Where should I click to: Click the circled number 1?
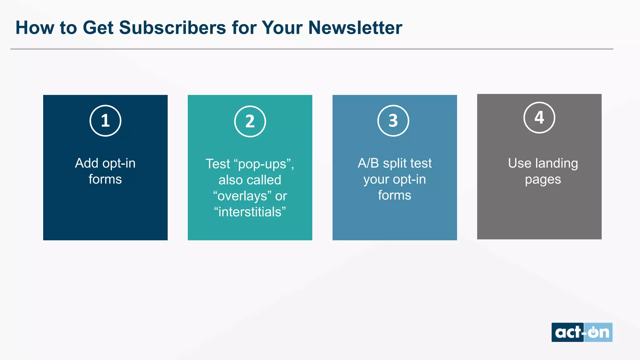[x=105, y=121]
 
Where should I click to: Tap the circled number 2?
[x=250, y=121]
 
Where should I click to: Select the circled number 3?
[x=393, y=121]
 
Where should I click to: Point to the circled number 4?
[x=539, y=117]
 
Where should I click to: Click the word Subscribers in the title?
[x=172, y=27]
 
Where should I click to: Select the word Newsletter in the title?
[x=355, y=27]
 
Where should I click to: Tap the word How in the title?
[x=35, y=27]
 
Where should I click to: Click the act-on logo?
[x=582, y=332]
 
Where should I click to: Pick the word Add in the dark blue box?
[x=87, y=163]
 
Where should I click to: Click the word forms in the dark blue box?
[x=105, y=179]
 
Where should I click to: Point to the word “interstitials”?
[x=250, y=212]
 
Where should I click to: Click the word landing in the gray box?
[x=557, y=163]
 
